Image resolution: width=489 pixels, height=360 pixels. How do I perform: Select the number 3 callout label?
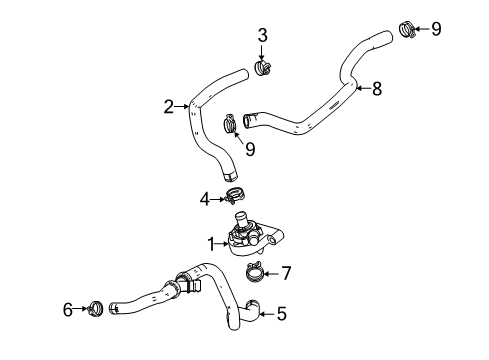click(x=263, y=37)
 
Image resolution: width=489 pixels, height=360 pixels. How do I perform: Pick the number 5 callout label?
click(x=281, y=342)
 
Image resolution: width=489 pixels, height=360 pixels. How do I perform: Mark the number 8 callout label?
click(x=376, y=89)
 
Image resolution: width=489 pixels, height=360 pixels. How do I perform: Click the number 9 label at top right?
click(x=435, y=28)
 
